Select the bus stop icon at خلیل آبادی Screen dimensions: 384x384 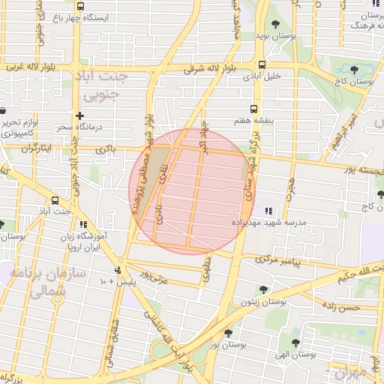(x=261, y=64)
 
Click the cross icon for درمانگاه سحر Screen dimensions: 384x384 (x=79, y=115)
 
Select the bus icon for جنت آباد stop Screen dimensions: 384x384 (x=55, y=201)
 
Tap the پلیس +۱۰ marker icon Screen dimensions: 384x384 (x=117, y=270)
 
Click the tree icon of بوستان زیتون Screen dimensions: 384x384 (x=262, y=289)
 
